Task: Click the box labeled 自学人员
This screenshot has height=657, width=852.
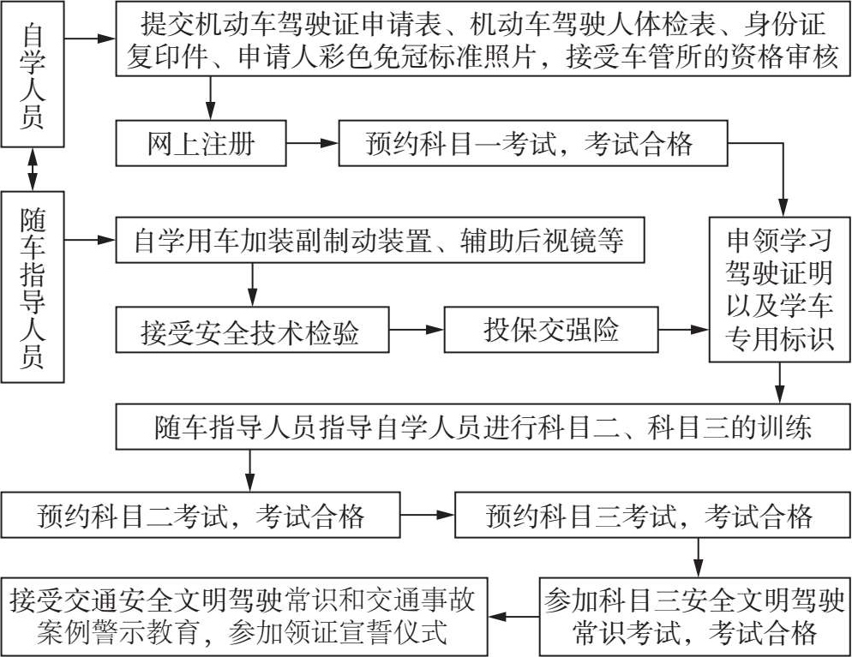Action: coord(33,75)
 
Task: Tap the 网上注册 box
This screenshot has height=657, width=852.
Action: coord(201,145)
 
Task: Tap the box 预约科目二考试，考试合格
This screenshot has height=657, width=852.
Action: coord(201,516)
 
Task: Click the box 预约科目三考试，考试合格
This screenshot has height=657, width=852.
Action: coord(649,516)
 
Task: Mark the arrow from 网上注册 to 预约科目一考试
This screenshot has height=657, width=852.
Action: coord(312,145)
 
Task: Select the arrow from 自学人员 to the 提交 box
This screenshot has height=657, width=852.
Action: coord(90,39)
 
